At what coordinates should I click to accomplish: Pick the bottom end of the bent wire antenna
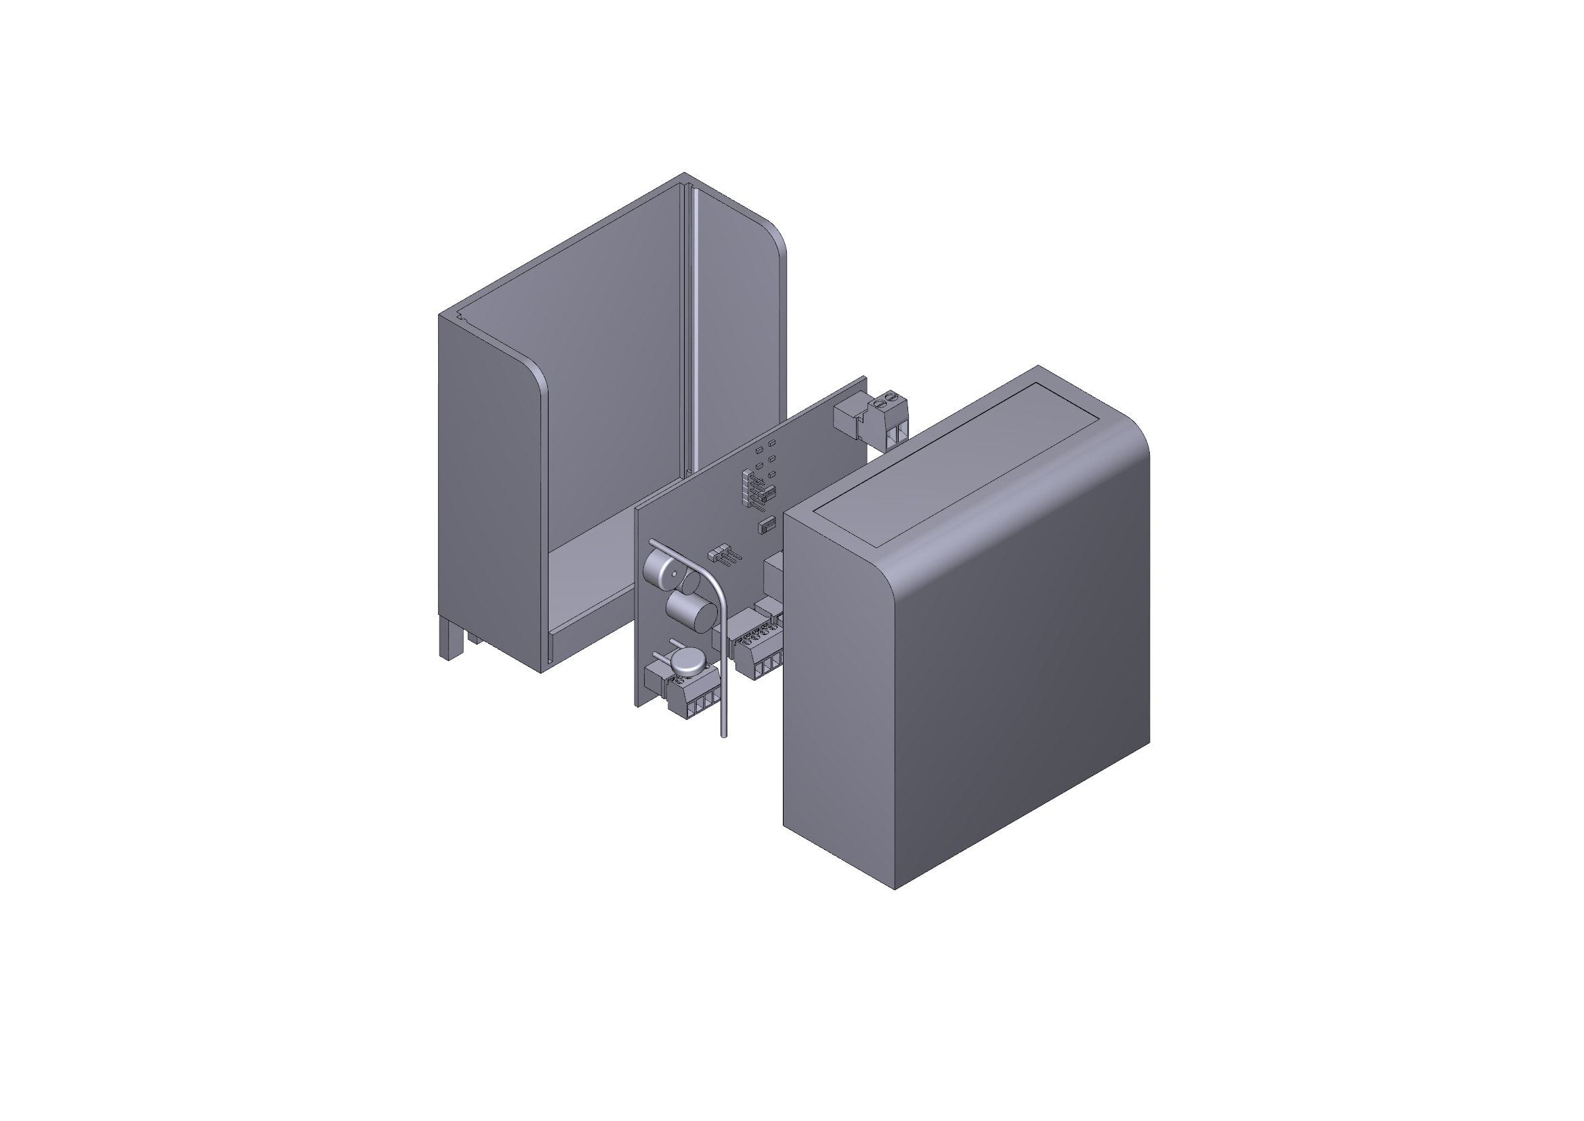click(723, 734)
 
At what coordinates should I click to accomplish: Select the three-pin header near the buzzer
click(722, 555)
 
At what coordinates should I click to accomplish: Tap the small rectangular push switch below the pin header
click(767, 526)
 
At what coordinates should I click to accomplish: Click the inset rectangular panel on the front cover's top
click(956, 462)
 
